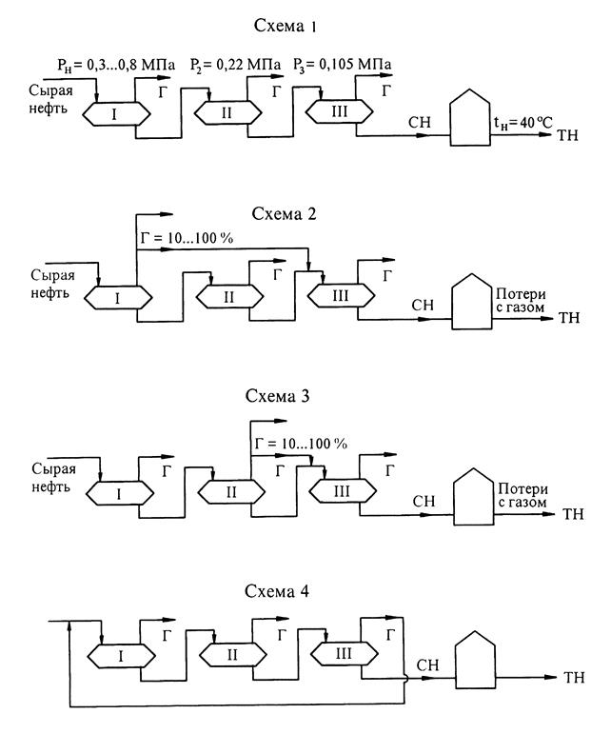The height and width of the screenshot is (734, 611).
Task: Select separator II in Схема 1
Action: (x=228, y=115)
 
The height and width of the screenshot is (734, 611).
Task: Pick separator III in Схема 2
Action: (x=340, y=298)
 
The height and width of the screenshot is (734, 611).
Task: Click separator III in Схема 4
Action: (x=340, y=655)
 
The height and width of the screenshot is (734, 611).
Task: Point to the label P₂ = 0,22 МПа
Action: (x=241, y=64)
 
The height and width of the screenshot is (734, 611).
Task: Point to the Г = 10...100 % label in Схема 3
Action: (x=301, y=444)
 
